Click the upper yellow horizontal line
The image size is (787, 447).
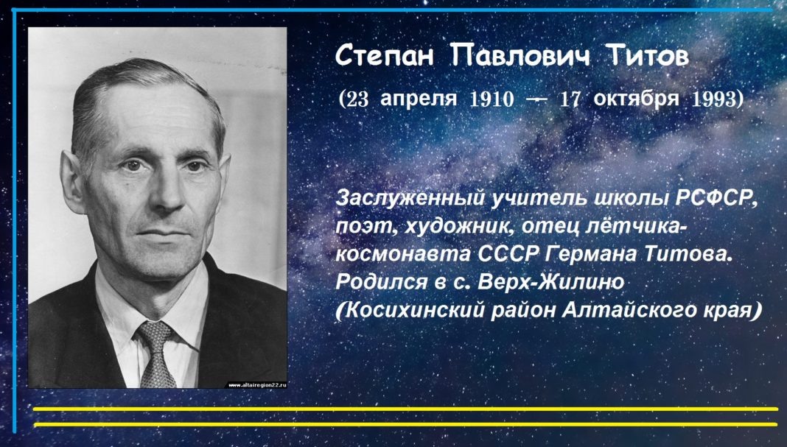[405, 409]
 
